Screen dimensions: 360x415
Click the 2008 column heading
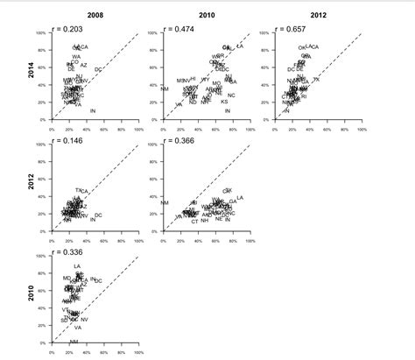95,15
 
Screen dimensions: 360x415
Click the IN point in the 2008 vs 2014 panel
93,111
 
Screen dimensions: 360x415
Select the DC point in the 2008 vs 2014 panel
98,69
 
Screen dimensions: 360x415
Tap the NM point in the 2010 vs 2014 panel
165,88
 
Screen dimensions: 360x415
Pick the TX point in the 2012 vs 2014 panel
316,79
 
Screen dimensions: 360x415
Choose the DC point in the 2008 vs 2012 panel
98,215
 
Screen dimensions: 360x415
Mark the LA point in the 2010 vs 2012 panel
240,197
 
